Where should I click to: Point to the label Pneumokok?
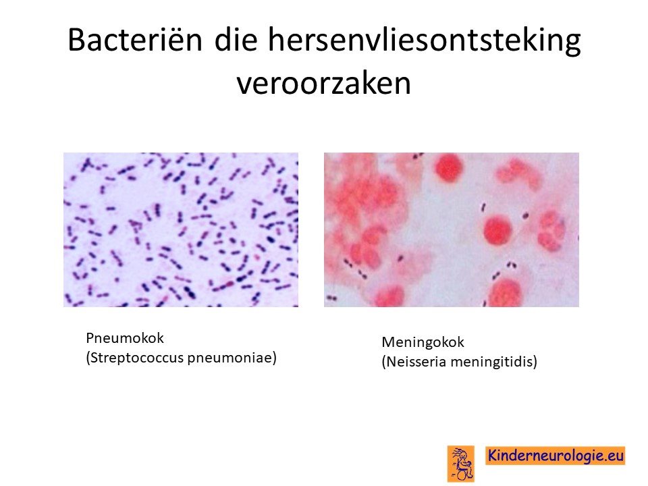125,338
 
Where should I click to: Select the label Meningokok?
423,342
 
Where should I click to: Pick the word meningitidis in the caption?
492,362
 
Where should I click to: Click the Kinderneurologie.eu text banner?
555,456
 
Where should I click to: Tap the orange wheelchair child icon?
461,463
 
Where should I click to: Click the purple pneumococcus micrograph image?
181,230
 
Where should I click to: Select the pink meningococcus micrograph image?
452,230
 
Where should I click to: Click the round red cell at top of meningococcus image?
448,167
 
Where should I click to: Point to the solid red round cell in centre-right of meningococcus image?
497,231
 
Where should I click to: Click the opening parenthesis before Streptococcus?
88,358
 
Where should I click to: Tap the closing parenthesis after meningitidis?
535,362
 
